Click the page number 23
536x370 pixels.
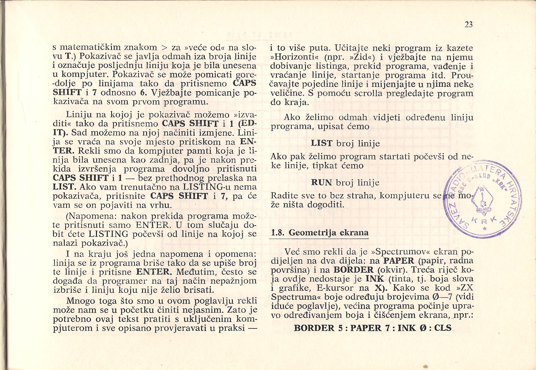468,24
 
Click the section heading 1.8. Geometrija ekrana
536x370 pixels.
320,233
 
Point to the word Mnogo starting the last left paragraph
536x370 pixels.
79,300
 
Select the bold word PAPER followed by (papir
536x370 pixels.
399,261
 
